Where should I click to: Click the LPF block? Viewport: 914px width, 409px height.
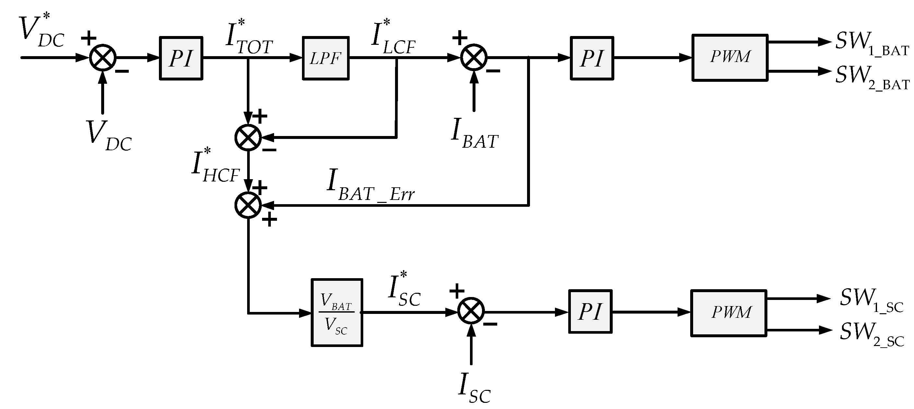coord(325,58)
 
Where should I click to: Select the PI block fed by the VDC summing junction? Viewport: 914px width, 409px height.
coord(181,58)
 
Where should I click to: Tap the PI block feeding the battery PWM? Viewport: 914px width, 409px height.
coord(592,58)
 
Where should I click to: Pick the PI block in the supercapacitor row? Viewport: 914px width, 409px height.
coord(590,311)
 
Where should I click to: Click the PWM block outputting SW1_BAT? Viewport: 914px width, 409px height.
coord(730,57)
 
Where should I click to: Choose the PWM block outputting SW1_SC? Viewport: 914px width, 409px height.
coord(728,313)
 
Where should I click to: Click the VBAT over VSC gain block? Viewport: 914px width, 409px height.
coord(337,312)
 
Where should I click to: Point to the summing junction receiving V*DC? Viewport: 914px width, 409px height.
coord(102,57)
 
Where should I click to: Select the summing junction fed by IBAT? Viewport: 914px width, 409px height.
coord(474,57)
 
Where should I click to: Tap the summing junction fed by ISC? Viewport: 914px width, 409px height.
coord(471,311)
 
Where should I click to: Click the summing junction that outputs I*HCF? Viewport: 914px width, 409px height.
coord(248,137)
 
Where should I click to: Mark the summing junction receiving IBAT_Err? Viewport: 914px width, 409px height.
coord(248,205)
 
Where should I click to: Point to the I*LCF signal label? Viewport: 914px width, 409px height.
coord(393,38)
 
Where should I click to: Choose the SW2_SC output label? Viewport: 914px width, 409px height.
coord(872,334)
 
